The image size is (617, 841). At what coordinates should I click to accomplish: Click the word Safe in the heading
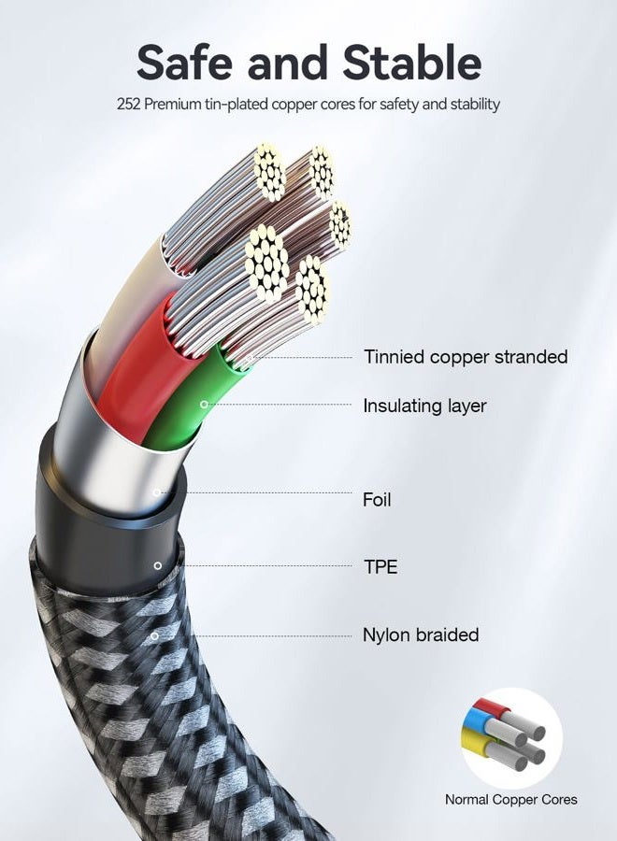point(185,63)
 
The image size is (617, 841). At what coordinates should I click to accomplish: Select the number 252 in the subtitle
point(129,104)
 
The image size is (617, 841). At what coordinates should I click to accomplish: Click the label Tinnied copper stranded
point(466,357)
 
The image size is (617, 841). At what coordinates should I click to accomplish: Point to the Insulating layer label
point(424,406)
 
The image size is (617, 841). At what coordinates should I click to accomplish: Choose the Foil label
point(377,500)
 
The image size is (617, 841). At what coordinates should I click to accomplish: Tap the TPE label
point(380,567)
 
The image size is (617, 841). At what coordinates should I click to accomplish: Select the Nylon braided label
point(422,635)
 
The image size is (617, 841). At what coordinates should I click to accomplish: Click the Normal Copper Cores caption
point(510,800)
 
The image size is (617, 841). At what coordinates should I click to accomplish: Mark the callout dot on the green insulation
point(204,404)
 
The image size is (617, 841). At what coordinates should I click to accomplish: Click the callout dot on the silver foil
point(157,492)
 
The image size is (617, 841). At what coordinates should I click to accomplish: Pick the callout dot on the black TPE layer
point(157,566)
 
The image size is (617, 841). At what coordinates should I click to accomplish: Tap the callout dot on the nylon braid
point(154,636)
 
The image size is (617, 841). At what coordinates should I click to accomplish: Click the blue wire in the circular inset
point(474,724)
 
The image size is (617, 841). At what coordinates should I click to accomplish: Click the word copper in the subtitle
point(294,105)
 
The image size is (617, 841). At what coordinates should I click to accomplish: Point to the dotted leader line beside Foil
point(256,492)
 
